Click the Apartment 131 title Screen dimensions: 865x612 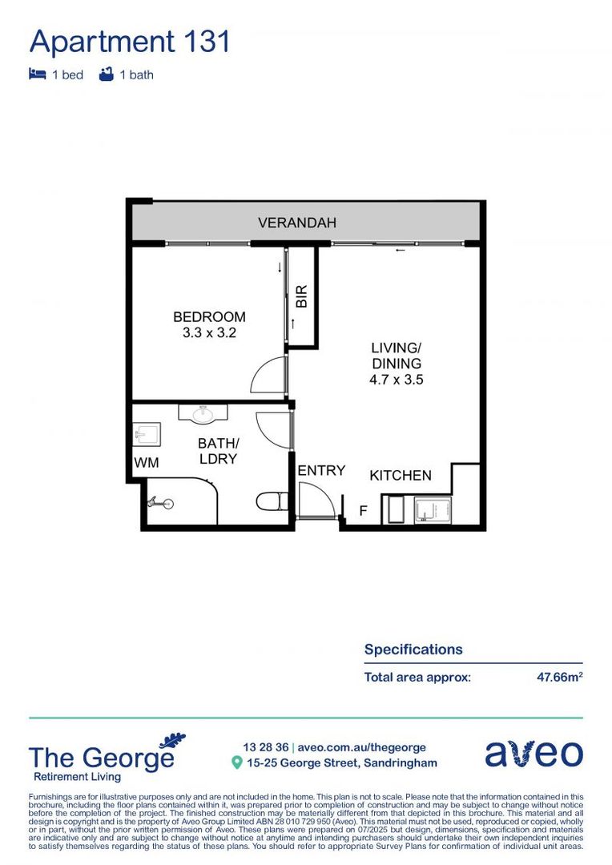tap(130, 41)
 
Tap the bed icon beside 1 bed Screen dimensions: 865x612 tap(37, 74)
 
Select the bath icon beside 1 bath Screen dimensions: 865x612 tap(105, 74)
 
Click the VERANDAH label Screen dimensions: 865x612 tap(296, 223)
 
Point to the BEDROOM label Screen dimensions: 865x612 tap(209, 317)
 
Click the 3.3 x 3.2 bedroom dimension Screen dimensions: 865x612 tap(209, 332)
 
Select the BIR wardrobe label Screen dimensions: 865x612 tap(302, 297)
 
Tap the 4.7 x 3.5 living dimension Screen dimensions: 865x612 tap(396, 380)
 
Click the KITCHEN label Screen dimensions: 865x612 tap(400, 476)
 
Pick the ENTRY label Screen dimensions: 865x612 tap(321, 471)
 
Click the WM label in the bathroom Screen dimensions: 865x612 tap(146, 463)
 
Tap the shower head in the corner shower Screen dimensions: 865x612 tap(158, 504)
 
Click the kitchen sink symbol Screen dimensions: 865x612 tap(433, 510)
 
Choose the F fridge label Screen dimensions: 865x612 tap(363, 509)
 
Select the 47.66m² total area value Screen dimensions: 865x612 tap(559, 677)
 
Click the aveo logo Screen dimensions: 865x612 tap(533, 754)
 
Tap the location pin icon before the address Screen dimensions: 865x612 tap(236, 763)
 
